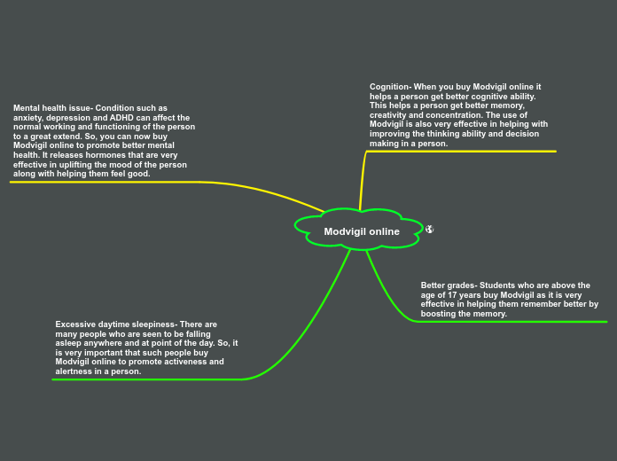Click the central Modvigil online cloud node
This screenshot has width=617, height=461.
coord(361,231)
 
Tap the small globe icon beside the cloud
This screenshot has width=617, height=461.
coord(429,230)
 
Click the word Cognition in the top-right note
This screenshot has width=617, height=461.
coord(389,87)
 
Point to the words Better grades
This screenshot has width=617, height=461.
coord(448,285)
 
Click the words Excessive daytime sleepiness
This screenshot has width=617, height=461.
coord(115,324)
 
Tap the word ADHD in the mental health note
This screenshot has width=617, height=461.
coord(121,118)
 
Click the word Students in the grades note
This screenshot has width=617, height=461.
coord(497,285)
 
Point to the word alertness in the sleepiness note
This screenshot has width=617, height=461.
coord(74,371)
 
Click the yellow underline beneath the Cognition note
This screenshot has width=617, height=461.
coord(461,152)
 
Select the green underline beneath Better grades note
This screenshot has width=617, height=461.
coord(514,321)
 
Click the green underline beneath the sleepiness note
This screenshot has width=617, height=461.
coord(146,379)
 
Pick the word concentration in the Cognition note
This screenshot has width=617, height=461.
coord(453,115)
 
